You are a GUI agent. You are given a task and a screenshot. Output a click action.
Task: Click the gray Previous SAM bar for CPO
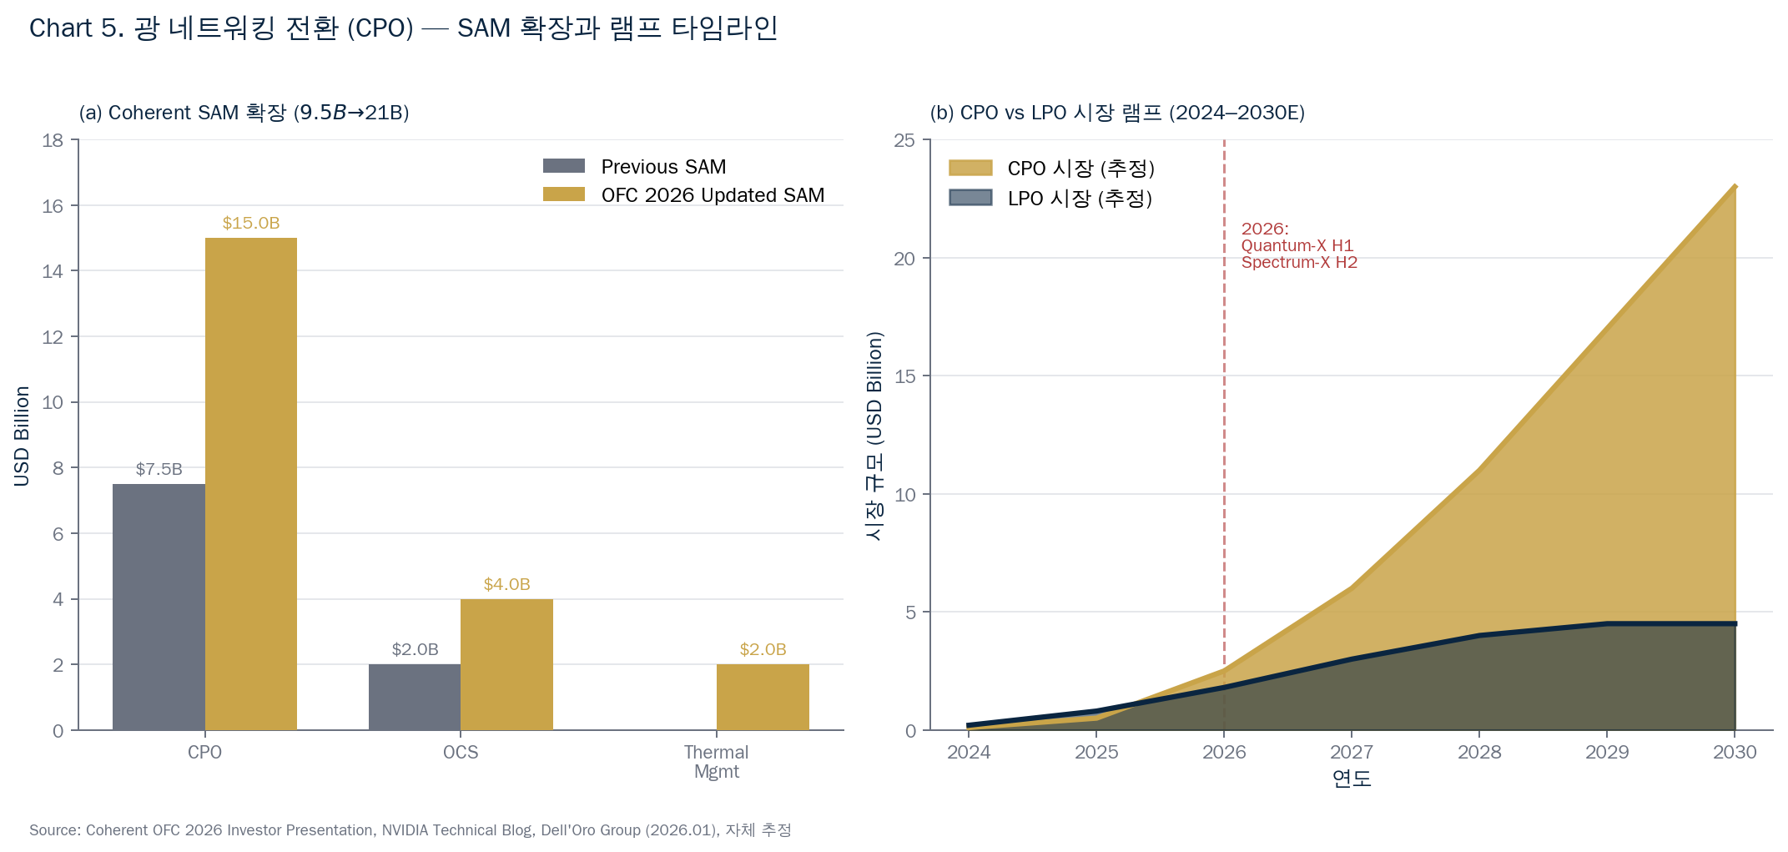pos(159,607)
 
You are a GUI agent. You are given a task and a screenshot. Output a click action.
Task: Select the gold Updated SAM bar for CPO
pos(251,484)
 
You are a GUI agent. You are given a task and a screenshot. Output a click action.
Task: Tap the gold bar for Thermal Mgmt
pos(763,697)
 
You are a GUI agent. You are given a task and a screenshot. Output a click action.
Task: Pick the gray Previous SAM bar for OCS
pos(415,697)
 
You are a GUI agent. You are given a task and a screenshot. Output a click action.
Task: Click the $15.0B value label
pos(251,223)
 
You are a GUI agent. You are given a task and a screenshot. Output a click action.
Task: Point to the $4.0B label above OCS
pos(506,584)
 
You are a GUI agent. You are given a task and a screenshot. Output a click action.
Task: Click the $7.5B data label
pos(159,469)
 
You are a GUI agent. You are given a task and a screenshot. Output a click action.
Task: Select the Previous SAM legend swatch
pos(564,166)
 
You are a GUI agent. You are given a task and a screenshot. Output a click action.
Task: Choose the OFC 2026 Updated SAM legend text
pos(713,195)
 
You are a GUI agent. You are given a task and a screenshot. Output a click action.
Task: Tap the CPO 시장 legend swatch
pos(970,168)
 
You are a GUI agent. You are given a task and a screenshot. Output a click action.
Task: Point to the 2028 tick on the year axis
pos(1479,752)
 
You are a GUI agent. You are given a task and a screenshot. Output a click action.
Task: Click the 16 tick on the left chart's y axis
pos(53,206)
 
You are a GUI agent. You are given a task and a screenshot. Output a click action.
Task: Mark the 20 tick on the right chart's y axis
pos(904,259)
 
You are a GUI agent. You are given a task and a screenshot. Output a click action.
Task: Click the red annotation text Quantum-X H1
pos(1297,245)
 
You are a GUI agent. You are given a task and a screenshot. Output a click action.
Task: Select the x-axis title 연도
pos(1352,779)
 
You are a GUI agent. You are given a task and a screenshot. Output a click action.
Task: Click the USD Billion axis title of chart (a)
pos(22,436)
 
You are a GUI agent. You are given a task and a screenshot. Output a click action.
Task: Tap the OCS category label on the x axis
pos(461,752)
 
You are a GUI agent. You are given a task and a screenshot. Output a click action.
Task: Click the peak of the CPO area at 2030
pos(1735,186)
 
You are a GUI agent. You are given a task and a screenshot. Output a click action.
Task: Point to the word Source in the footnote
pos(53,830)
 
